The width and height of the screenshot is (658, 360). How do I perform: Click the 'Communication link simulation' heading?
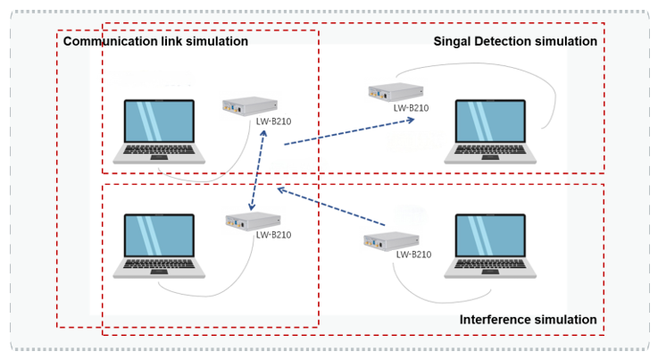[x=155, y=41]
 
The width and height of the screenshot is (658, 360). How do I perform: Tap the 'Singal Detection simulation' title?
[x=515, y=41]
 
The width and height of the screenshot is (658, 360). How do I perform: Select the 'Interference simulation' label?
[x=528, y=320]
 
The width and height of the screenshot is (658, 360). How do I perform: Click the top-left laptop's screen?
[x=159, y=121]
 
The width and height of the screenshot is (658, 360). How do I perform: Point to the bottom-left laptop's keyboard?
[x=159, y=264]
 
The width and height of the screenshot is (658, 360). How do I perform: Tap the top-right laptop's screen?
[x=490, y=121]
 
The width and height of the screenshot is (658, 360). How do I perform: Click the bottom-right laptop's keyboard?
[x=490, y=264]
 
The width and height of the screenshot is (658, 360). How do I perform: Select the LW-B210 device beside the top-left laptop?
[x=250, y=106]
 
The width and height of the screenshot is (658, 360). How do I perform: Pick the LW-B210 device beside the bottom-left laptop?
[x=253, y=221]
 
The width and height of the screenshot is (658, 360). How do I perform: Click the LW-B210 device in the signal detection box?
[x=396, y=92]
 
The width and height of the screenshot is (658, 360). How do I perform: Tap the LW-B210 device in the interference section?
[x=391, y=241]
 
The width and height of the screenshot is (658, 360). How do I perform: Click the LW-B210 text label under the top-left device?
[x=273, y=121]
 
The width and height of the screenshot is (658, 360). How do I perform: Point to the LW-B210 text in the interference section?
[x=413, y=255]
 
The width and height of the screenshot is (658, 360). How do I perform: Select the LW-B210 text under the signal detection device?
[x=412, y=108]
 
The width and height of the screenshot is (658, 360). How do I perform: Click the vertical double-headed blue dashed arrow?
[x=258, y=170]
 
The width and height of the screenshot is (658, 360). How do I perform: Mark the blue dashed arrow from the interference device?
[x=331, y=206]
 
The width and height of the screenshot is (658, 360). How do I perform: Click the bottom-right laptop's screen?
[x=490, y=236]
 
